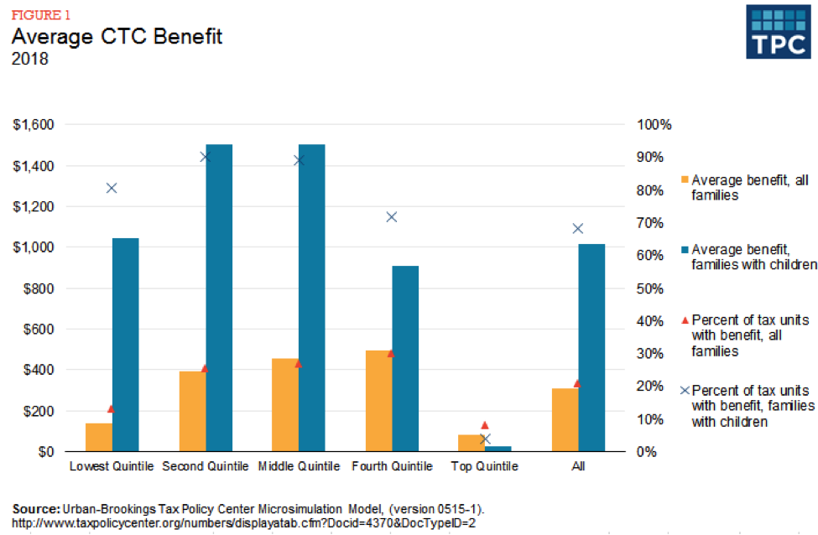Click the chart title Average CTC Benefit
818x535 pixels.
[117, 37]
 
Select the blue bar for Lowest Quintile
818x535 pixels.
[125, 345]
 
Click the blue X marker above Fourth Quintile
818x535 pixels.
[391, 217]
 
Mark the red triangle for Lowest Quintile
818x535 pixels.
[111, 408]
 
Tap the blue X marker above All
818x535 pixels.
[577, 228]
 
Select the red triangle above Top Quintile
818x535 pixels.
[484, 425]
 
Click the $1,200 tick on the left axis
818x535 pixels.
[34, 207]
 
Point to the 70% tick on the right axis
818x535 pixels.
[650, 223]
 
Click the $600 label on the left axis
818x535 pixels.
[38, 330]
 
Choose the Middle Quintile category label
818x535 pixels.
[297, 466]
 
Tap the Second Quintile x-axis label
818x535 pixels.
[205, 466]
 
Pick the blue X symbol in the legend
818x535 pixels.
[684, 391]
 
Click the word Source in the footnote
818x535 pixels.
[35, 509]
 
